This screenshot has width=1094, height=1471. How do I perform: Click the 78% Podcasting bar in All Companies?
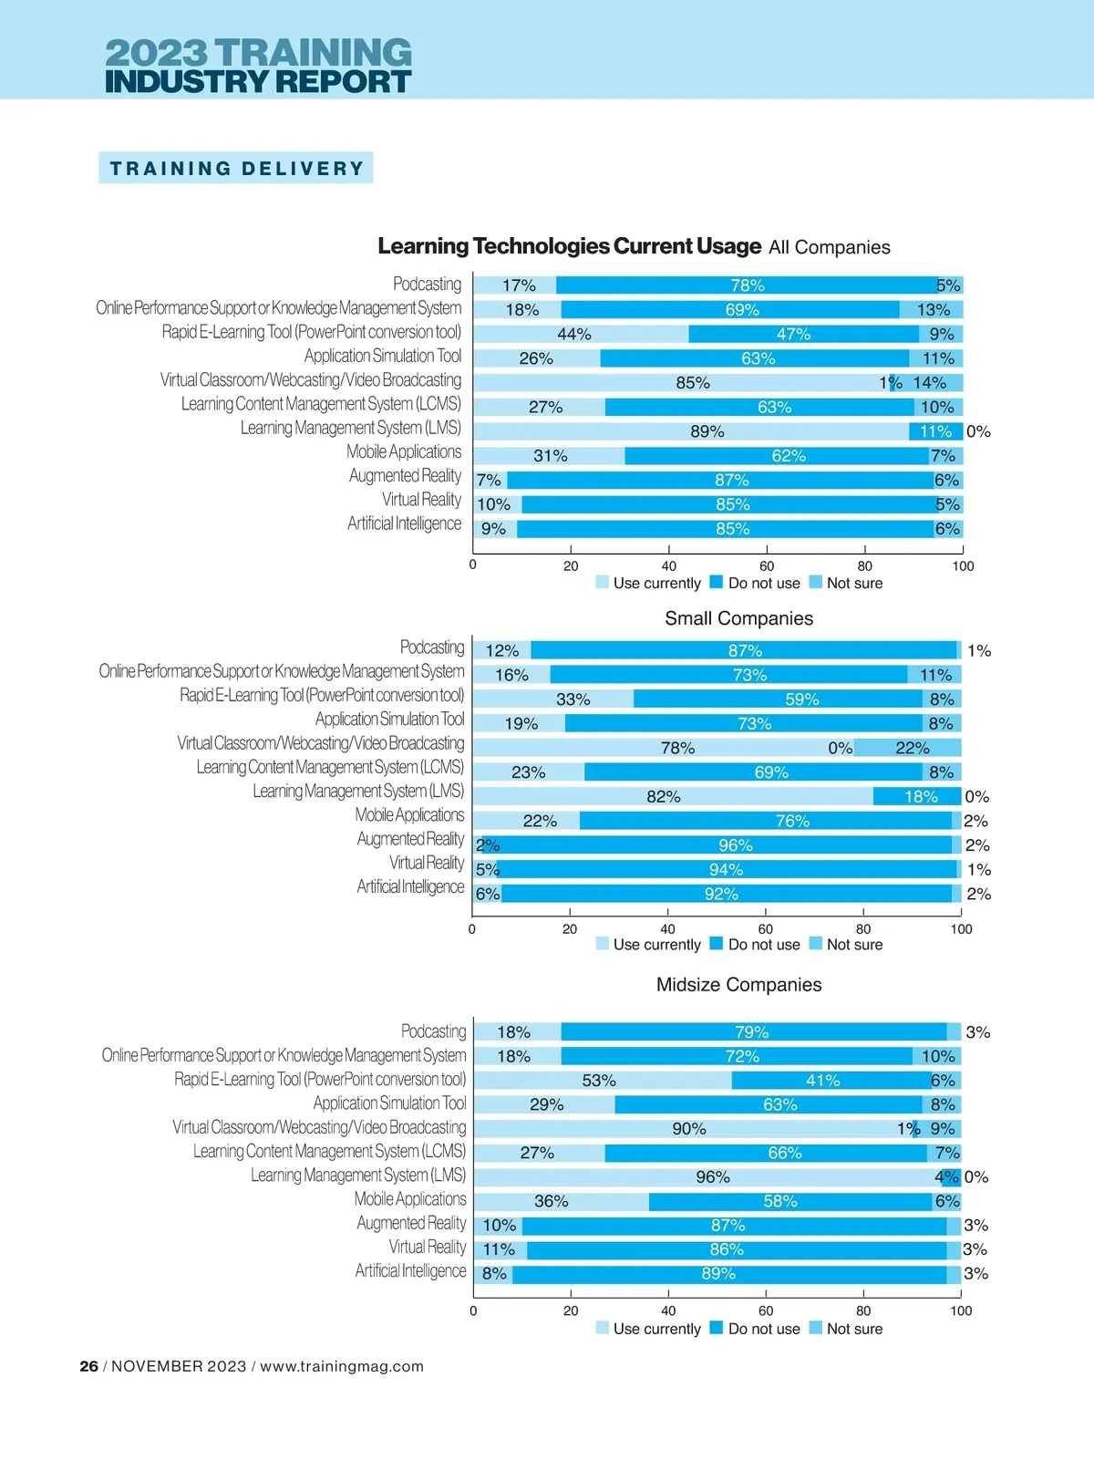748,285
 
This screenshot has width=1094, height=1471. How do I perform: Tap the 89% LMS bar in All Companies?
691,431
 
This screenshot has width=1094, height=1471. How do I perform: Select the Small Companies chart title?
738,618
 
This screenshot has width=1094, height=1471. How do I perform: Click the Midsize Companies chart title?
738,985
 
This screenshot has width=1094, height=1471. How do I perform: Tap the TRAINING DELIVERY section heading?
236,169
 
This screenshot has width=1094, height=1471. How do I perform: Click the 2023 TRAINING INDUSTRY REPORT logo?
258,66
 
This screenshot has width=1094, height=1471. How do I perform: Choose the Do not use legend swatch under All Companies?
717,582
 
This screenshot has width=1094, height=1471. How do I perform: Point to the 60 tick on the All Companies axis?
767,566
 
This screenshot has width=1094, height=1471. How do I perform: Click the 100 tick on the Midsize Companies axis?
961,1311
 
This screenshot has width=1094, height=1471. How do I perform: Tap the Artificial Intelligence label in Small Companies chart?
410,886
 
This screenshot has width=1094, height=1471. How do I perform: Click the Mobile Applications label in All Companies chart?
404,451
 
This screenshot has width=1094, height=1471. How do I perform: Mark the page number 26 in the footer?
88,1366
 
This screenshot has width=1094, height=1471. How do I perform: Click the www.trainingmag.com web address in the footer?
342,1366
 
